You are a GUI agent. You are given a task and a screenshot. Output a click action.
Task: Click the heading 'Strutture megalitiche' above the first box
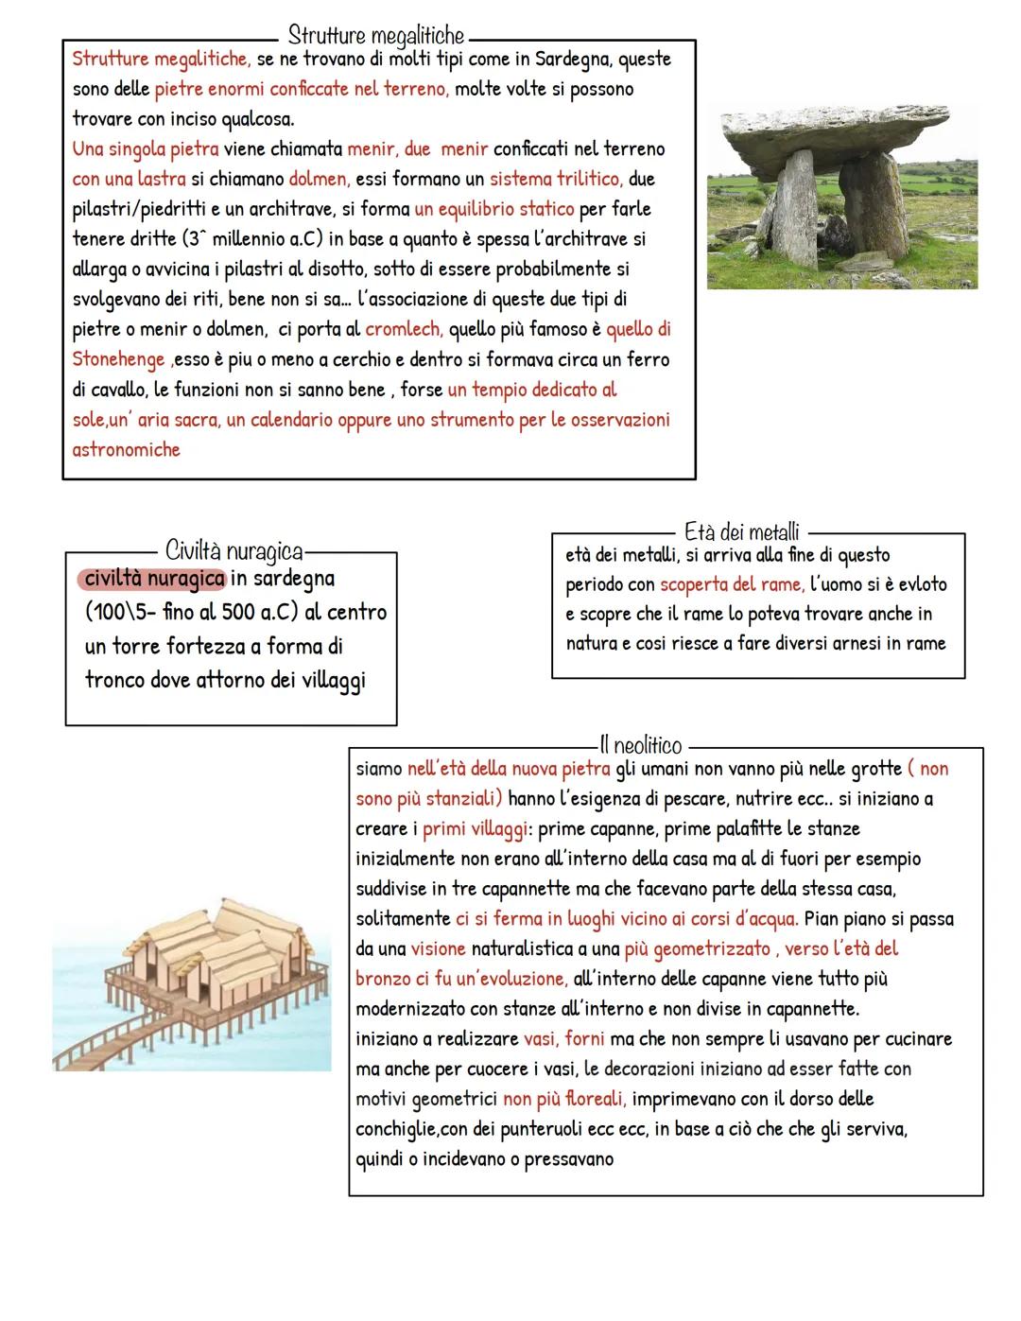click(x=375, y=36)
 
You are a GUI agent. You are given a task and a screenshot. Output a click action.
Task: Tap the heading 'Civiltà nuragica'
click(x=234, y=550)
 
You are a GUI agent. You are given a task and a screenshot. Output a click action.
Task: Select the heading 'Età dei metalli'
click(x=742, y=532)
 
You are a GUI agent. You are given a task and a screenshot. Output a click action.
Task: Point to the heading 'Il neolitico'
click(x=640, y=746)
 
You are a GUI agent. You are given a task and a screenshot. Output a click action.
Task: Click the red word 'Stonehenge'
click(x=118, y=360)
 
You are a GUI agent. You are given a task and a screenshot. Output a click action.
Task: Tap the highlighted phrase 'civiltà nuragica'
click(x=154, y=578)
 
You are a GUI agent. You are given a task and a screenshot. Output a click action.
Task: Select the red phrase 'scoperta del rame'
click(x=731, y=584)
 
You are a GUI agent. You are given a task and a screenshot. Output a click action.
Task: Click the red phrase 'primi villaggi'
click(x=475, y=829)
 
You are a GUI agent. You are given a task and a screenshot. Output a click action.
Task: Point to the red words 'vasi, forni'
click(x=563, y=1039)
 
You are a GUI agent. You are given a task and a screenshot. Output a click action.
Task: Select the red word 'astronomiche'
click(x=126, y=450)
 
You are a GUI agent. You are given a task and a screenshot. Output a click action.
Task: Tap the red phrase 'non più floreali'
click(x=563, y=1100)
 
